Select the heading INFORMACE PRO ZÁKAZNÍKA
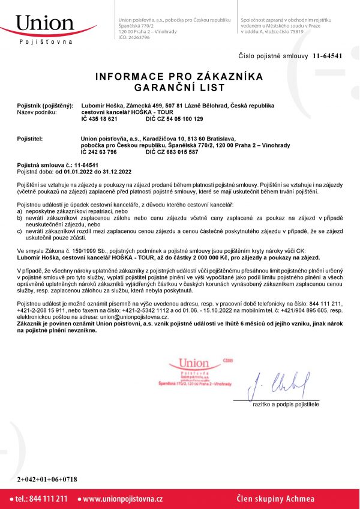pyautogui.click(x=179, y=77)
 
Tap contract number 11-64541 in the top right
pyautogui.click(x=327, y=56)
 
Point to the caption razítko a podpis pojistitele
pyautogui.click(x=286, y=405)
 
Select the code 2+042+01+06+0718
pyautogui.click(x=47, y=479)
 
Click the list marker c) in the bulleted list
pyautogui.click(x=20, y=231)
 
